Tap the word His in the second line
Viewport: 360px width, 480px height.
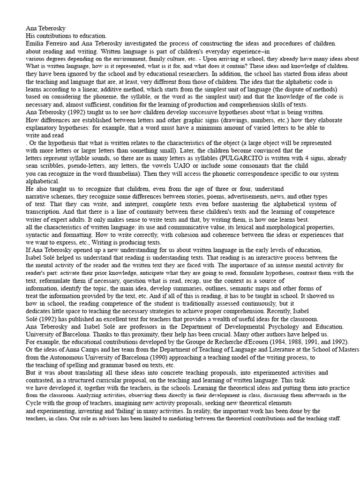click(30, 36)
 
